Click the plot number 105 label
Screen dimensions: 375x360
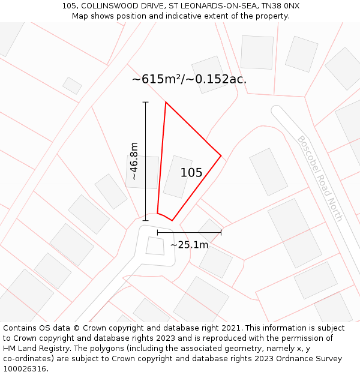click(x=191, y=173)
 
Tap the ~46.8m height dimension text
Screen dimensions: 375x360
click(x=134, y=161)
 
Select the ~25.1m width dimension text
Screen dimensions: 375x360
click(x=189, y=245)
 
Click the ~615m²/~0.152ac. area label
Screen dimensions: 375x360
click(x=189, y=79)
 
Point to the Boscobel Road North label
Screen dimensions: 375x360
click(x=320, y=178)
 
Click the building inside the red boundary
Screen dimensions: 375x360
click(x=178, y=176)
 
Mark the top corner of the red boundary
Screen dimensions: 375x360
click(x=166, y=102)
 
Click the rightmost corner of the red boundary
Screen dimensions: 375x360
click(x=221, y=156)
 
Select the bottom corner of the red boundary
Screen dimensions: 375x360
click(x=172, y=220)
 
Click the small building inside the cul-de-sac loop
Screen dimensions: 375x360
click(x=155, y=245)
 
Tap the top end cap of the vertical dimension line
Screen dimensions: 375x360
click(x=145, y=103)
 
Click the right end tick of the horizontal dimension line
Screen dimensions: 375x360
click(x=221, y=232)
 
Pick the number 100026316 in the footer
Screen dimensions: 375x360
click(x=25, y=368)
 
